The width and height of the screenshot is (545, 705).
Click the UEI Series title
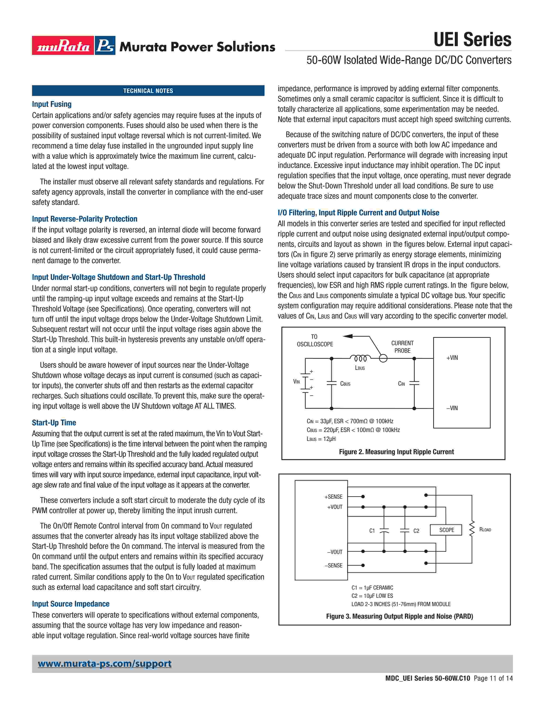(x=472, y=40)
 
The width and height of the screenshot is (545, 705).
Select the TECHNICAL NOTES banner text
(x=148, y=91)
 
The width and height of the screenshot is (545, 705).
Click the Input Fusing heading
(x=52, y=104)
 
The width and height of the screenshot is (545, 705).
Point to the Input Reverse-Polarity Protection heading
(x=85, y=219)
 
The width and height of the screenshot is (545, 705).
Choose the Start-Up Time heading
(x=54, y=423)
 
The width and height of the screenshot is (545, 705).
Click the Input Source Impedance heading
(x=71, y=604)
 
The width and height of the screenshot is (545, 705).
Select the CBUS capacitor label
(x=345, y=384)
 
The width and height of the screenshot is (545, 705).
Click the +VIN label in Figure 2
(x=452, y=358)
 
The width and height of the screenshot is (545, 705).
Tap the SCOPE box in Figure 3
(x=446, y=530)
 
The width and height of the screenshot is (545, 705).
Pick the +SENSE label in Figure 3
(x=333, y=497)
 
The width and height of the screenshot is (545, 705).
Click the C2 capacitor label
(x=416, y=531)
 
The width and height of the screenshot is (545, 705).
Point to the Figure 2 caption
(x=396, y=452)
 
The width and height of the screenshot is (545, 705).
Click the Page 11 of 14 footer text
(x=493, y=678)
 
